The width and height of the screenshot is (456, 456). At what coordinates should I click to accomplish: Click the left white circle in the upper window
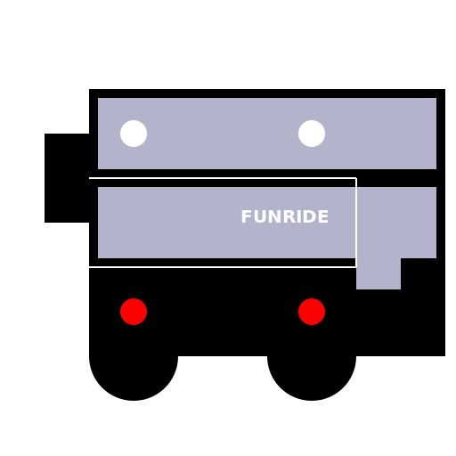(134, 134)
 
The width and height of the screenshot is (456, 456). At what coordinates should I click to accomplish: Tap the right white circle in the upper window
(312, 134)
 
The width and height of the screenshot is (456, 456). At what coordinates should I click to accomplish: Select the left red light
(134, 312)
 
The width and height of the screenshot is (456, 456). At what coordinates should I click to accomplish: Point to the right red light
(312, 312)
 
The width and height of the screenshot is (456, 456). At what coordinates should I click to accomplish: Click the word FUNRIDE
(285, 216)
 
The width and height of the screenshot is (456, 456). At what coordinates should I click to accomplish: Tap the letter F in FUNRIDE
(247, 216)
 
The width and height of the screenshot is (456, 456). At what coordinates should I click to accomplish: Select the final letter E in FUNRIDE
(324, 216)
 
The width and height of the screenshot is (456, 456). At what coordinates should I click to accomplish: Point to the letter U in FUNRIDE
(259, 216)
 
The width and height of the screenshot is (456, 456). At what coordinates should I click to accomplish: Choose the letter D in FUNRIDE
(311, 216)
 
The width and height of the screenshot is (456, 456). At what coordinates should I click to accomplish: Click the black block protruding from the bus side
(67, 178)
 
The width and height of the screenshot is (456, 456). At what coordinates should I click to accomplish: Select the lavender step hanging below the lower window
(379, 273)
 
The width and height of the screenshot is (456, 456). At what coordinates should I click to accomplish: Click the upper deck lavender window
(267, 134)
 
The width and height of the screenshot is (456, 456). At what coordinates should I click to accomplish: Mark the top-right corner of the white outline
(356, 178)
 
